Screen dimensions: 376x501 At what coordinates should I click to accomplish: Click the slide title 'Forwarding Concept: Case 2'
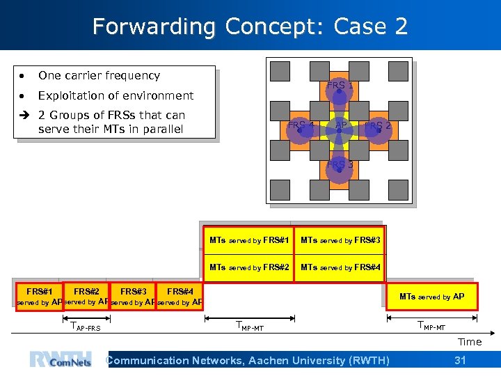250,26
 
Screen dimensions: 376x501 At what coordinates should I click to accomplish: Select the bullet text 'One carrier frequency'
99,75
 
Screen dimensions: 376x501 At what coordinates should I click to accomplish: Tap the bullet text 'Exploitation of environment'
116,95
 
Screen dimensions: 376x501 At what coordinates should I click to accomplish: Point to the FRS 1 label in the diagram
340,86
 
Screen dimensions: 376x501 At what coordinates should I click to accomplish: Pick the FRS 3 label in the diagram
340,164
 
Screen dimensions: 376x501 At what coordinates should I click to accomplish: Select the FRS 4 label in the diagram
301,125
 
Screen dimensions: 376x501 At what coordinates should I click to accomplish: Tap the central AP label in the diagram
341,125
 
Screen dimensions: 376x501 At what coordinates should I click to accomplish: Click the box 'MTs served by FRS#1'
248,240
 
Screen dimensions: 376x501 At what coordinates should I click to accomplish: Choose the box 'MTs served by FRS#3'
340,240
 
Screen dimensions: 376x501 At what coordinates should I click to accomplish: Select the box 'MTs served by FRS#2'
248,267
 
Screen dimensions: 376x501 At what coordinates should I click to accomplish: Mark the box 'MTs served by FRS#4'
340,267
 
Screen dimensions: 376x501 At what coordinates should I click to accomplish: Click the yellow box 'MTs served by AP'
431,296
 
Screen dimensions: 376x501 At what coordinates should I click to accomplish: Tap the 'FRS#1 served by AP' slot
39,296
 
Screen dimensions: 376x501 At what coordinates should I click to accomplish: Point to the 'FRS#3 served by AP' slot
132,296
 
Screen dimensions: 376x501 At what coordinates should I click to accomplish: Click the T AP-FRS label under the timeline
86,327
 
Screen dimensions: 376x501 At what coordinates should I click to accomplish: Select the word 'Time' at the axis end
469,342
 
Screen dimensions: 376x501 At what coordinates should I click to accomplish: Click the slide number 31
460,360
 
